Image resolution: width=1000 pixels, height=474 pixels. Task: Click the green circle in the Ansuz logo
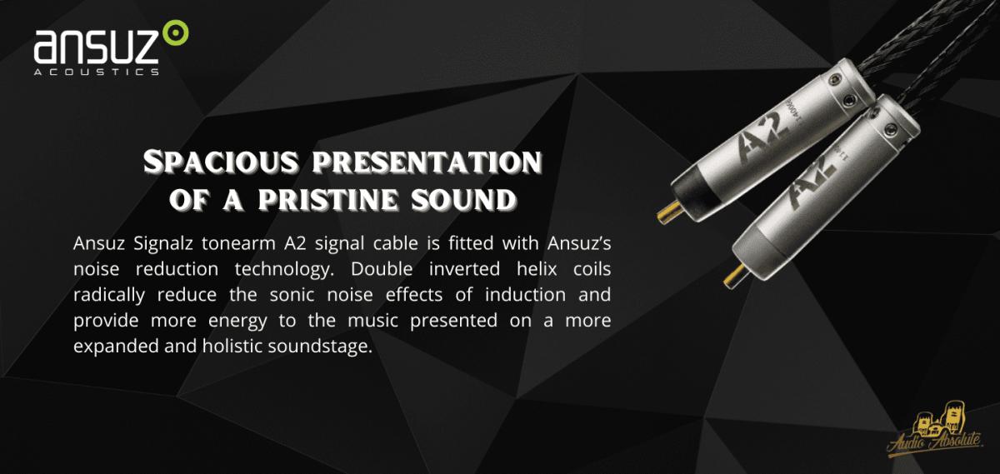click(x=175, y=33)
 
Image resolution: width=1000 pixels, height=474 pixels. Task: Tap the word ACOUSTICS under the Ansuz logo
click(x=97, y=72)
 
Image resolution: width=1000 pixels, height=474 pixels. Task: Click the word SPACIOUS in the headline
click(x=221, y=162)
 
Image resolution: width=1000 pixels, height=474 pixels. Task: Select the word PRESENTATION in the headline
click(x=427, y=162)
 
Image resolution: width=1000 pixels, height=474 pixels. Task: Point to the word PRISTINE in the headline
click(x=327, y=199)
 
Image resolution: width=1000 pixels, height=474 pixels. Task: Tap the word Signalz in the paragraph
click(x=163, y=244)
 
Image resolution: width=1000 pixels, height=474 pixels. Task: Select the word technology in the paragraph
click(x=284, y=270)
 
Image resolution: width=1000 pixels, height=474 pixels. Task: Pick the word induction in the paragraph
click(x=526, y=295)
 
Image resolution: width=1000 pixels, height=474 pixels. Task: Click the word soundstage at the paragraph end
click(x=320, y=347)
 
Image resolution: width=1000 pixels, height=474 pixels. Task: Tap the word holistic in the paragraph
click(x=232, y=346)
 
